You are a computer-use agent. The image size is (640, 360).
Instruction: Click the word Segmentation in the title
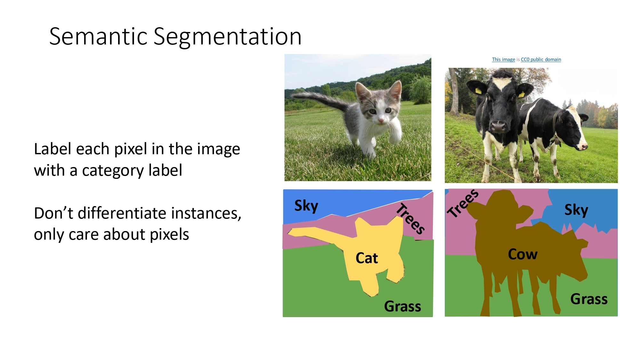click(x=228, y=37)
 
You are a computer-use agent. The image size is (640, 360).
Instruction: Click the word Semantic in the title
click(x=99, y=36)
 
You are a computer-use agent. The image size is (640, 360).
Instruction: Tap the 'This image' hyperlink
click(x=503, y=60)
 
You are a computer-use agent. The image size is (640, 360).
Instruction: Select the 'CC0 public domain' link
click(x=541, y=60)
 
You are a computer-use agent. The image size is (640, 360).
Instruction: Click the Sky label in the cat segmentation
click(x=306, y=206)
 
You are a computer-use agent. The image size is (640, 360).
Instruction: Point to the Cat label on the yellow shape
click(x=367, y=258)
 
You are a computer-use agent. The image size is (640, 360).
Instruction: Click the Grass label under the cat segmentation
click(x=402, y=307)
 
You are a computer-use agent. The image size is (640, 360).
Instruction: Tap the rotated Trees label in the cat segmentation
click(x=411, y=219)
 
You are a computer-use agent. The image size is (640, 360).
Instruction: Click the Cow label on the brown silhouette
click(x=523, y=254)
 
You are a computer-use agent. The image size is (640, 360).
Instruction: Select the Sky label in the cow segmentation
click(x=576, y=210)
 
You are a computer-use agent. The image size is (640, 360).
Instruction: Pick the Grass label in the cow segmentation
click(x=589, y=299)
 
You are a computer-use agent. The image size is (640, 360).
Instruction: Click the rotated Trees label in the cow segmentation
click(x=463, y=204)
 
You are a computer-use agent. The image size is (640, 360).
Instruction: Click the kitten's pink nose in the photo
click(x=381, y=121)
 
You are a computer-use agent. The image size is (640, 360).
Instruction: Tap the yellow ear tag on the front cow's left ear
click(x=478, y=91)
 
